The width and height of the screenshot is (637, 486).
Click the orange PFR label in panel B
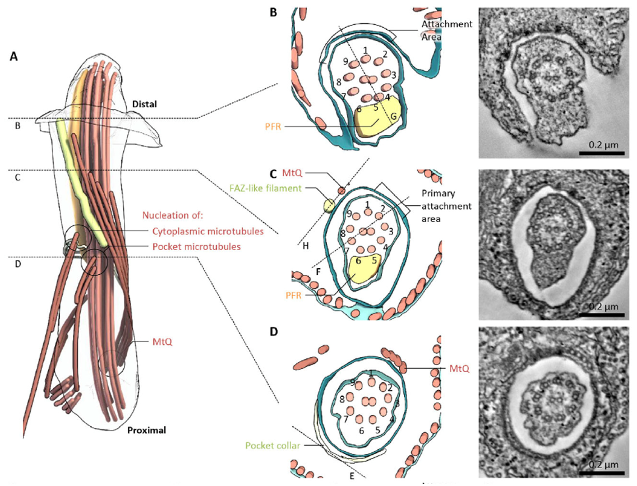pos(273,126)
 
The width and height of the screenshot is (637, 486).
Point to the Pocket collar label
pos(272,445)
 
